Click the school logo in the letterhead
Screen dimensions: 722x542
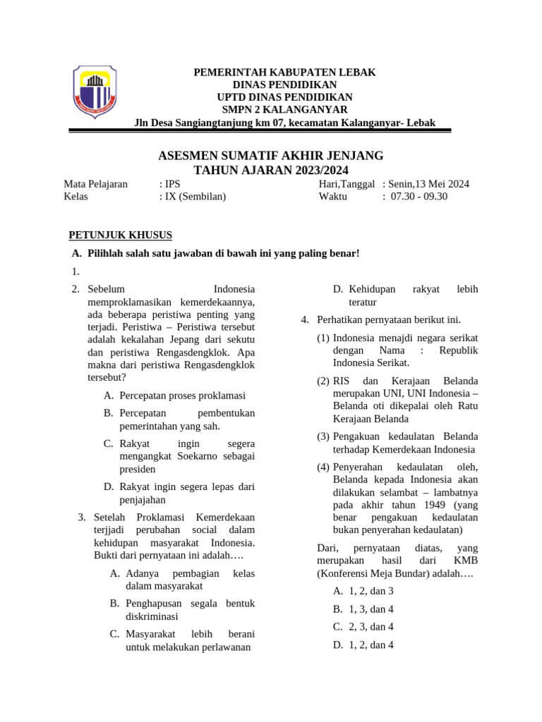coord(95,92)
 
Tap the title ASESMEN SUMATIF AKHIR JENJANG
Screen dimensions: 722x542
coord(271,155)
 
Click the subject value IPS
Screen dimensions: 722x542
coord(172,184)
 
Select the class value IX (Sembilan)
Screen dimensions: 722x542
coord(195,196)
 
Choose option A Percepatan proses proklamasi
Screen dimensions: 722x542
coord(183,396)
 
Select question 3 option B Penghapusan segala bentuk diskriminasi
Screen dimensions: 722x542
coord(190,609)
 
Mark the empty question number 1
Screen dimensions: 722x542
coord(75,271)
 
